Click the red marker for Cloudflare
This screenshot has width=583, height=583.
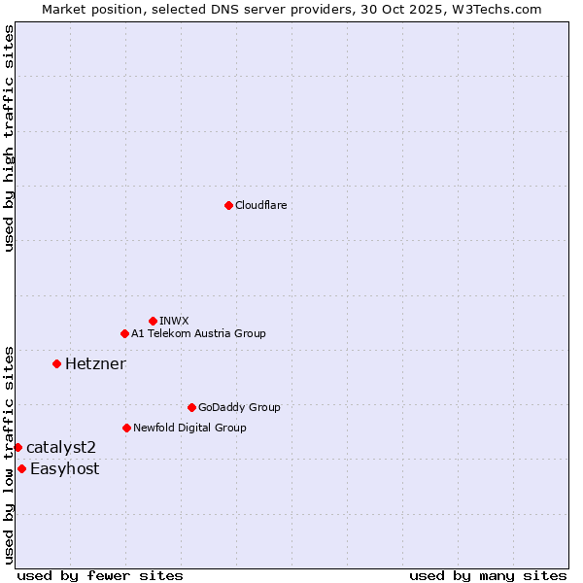[228, 205]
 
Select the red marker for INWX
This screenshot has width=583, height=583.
[153, 321]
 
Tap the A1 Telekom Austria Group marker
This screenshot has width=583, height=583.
[124, 333]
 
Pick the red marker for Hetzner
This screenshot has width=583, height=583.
[56, 363]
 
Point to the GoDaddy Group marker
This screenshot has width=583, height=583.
[191, 407]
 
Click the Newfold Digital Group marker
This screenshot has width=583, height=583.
[126, 428]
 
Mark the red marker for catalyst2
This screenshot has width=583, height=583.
[17, 447]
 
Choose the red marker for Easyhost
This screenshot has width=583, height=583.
[21, 468]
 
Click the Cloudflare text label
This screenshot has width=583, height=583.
[260, 205]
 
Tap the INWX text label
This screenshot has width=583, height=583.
[174, 321]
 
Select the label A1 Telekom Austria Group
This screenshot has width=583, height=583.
[198, 333]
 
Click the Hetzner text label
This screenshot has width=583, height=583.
[95, 363]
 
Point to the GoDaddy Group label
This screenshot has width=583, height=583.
[239, 407]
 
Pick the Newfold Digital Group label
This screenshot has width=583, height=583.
[189, 428]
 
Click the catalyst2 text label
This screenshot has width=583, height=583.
[61, 447]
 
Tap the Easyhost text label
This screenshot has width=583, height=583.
[64, 468]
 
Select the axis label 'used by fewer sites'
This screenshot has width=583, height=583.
[100, 575]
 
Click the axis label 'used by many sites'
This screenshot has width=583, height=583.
[488, 575]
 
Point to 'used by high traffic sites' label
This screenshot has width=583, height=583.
[9, 138]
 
